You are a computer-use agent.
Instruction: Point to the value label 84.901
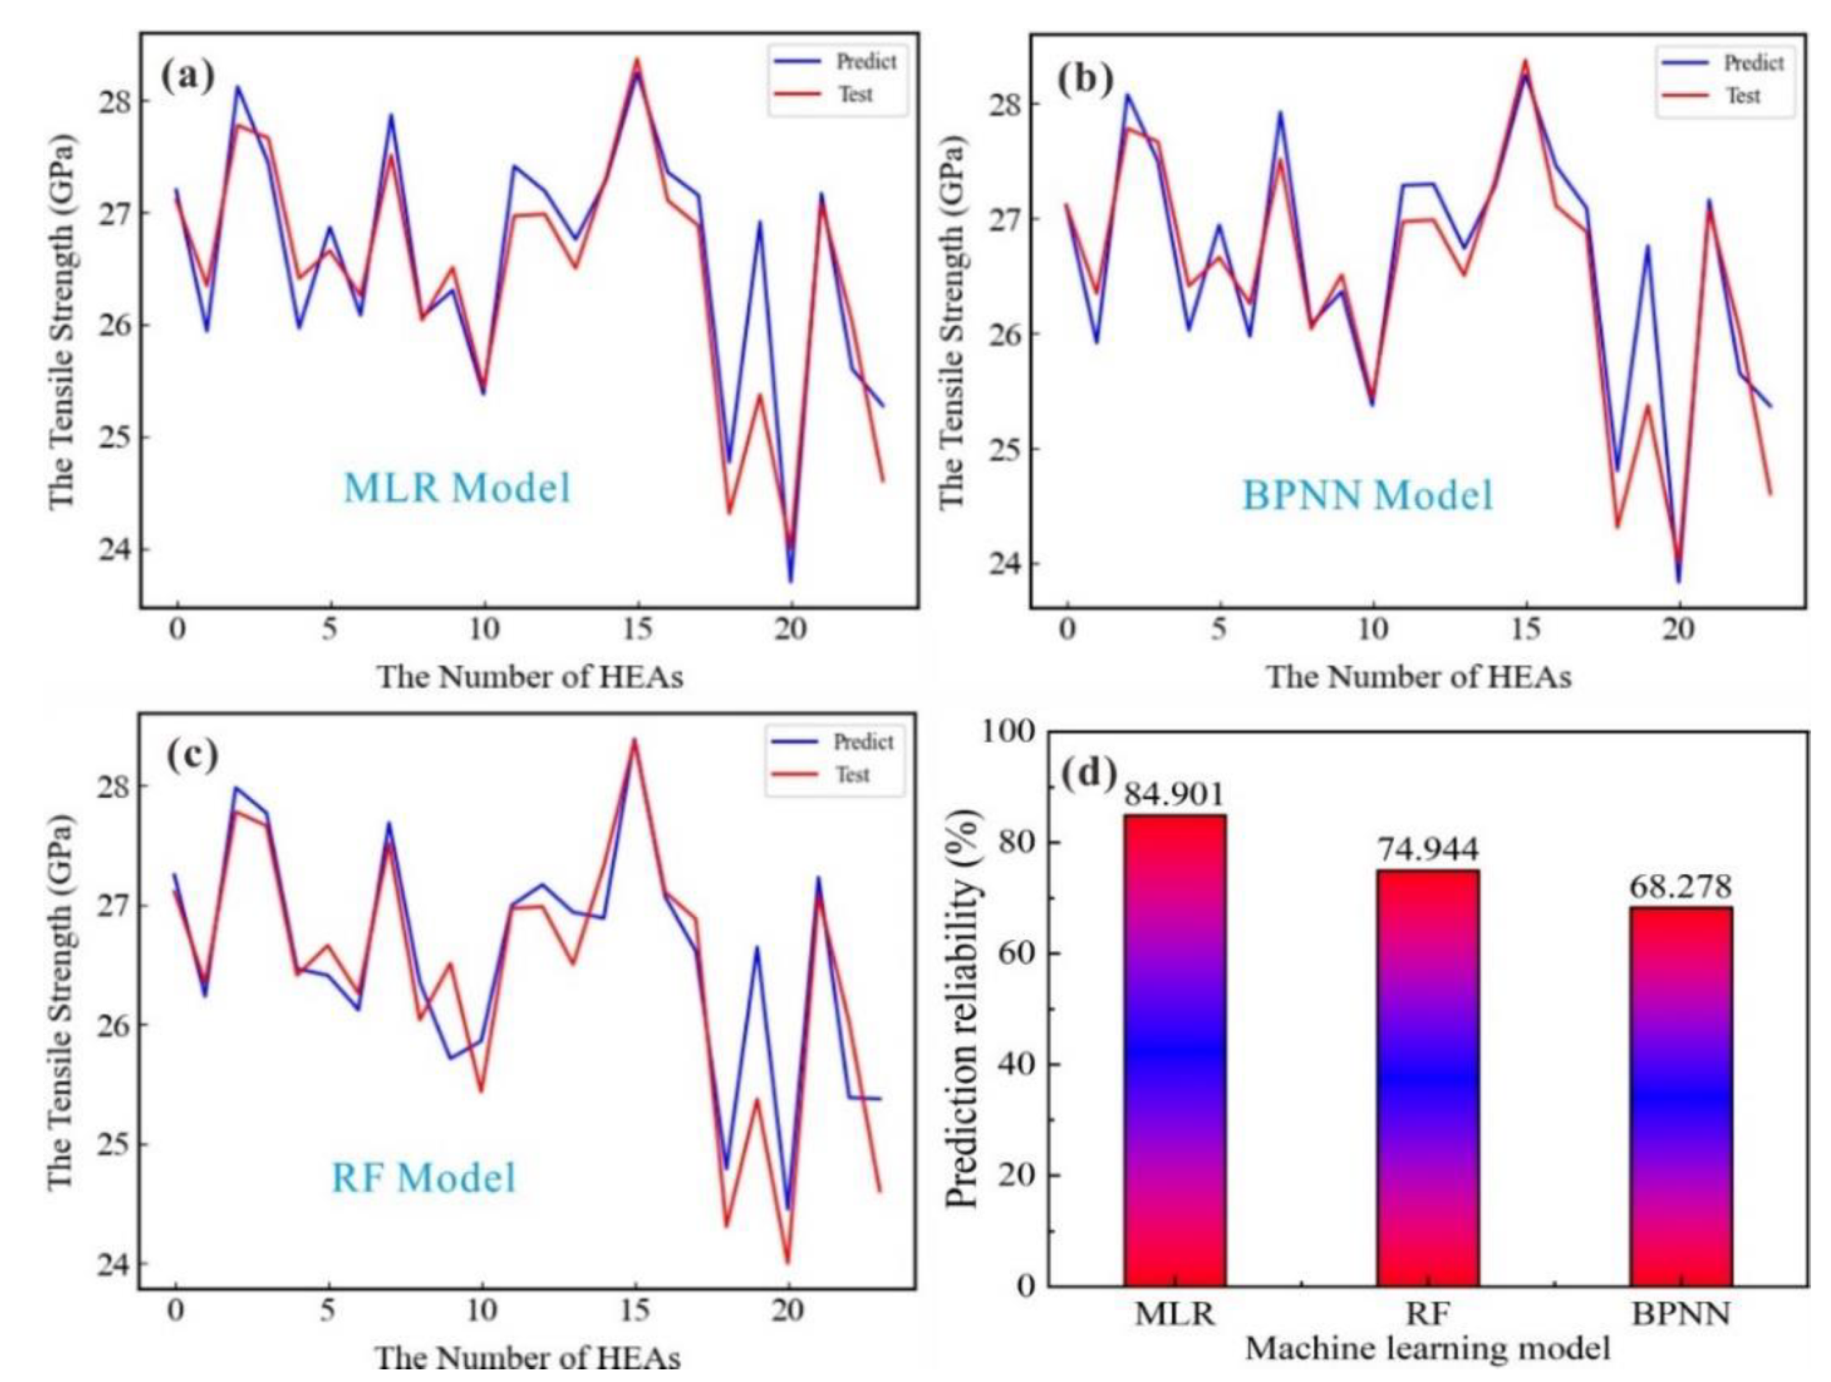(x=1174, y=794)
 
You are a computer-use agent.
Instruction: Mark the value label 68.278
(x=1681, y=886)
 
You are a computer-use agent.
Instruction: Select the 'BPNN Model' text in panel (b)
(x=1367, y=496)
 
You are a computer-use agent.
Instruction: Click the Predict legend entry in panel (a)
(x=834, y=62)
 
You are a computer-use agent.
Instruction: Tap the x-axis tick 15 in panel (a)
(x=638, y=631)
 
